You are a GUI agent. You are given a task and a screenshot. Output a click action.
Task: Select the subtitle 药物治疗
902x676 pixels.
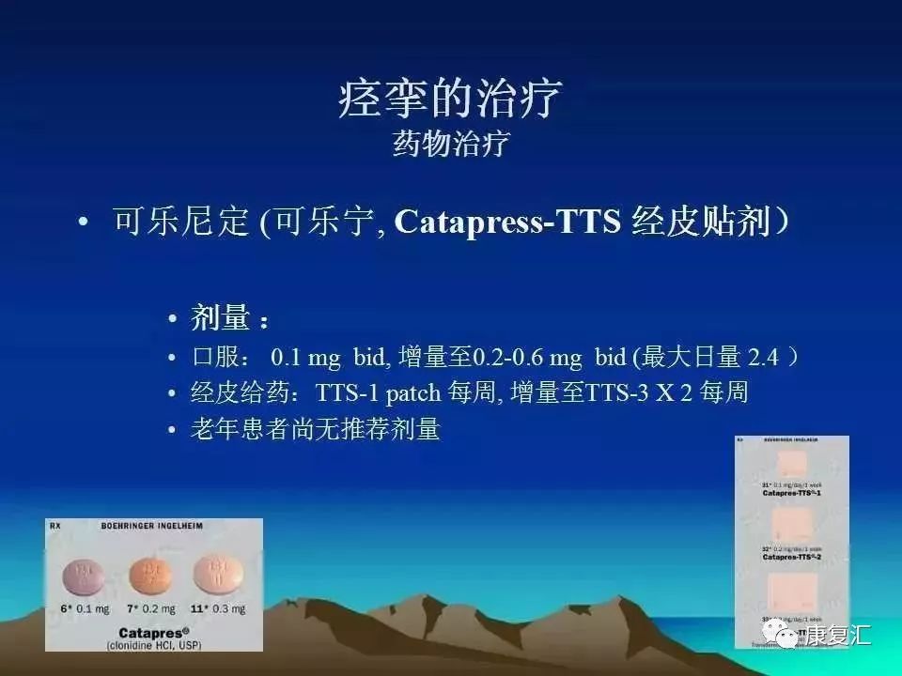click(x=450, y=144)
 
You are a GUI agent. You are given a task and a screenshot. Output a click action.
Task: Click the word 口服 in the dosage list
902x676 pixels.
click(x=217, y=358)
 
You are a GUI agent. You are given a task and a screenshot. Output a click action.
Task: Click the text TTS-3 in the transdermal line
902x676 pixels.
click(x=616, y=393)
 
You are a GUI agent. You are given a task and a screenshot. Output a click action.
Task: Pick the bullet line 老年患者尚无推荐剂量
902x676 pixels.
click(x=315, y=430)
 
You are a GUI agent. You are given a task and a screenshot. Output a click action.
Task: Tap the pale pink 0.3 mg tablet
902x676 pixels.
click(x=212, y=573)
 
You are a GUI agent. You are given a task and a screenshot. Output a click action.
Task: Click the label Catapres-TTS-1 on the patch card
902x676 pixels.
click(x=791, y=492)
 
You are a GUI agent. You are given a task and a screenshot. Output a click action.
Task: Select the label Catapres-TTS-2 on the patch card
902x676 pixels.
click(x=791, y=557)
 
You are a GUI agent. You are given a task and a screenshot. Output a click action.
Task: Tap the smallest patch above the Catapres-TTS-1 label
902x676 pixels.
click(x=791, y=461)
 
